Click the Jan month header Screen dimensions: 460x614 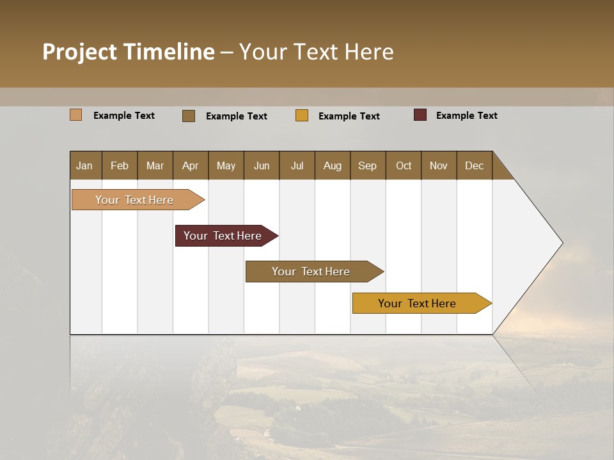pyautogui.click(x=84, y=165)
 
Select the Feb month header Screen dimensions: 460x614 pyautogui.click(x=120, y=165)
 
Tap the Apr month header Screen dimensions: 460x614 pyautogui.click(x=190, y=165)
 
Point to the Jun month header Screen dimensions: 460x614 pyautogui.click(x=262, y=165)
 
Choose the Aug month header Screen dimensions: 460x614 pyautogui.click(x=332, y=165)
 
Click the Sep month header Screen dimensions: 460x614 pyautogui.click(x=367, y=165)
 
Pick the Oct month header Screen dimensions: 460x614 pyautogui.click(x=404, y=165)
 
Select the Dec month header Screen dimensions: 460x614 pyautogui.click(x=474, y=165)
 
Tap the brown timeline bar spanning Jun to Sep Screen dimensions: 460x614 pyautogui.click(x=311, y=272)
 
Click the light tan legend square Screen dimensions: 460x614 pyautogui.click(x=75, y=115)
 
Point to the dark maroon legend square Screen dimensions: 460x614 pyautogui.click(x=420, y=115)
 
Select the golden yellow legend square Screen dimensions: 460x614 pyautogui.click(x=302, y=116)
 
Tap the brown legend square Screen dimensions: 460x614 pyautogui.click(x=189, y=116)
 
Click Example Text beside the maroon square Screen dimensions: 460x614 pyautogui.click(x=466, y=116)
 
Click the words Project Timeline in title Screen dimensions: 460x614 pyautogui.click(x=128, y=52)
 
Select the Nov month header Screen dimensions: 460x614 pyautogui.click(x=438, y=165)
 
